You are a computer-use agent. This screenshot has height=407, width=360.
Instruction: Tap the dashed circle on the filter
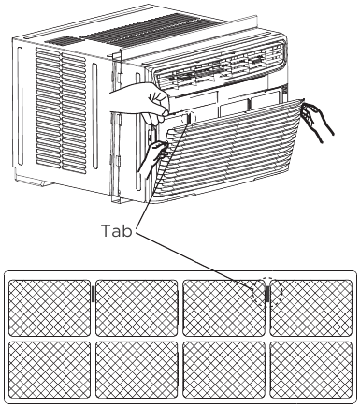click(x=266, y=293)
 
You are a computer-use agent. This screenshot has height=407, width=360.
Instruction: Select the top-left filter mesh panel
click(x=50, y=307)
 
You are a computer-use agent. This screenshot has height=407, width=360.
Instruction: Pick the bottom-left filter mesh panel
click(x=50, y=371)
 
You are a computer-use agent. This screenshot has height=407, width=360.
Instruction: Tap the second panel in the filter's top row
click(x=137, y=307)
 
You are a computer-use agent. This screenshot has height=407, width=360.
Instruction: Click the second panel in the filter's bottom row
click(x=137, y=371)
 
